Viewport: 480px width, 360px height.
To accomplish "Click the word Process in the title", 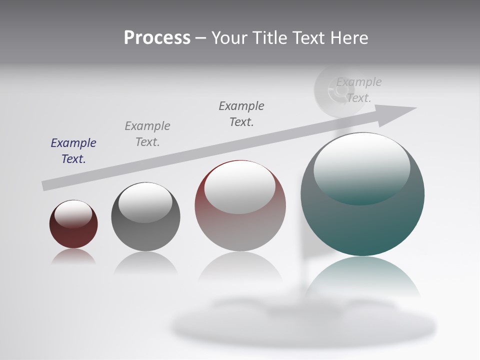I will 157,38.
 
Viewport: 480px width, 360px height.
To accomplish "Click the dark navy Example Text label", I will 73,150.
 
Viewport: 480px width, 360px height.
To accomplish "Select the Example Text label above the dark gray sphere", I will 147,133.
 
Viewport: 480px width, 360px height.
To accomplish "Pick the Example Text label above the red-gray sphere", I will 241,113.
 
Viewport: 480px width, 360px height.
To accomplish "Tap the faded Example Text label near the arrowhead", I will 358,90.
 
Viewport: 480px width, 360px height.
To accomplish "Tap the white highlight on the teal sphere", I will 361,165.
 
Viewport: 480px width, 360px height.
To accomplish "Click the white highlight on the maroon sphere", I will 73,213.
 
